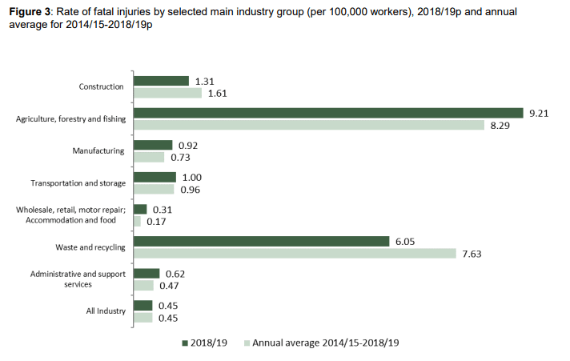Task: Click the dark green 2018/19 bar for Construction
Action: pos(161,81)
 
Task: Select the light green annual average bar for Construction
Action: pos(167,93)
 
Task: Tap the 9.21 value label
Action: pos(538,114)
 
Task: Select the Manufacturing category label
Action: pos(99,151)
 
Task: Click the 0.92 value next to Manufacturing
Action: pos(188,146)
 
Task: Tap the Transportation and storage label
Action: pos(78,183)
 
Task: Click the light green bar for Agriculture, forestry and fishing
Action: pos(309,125)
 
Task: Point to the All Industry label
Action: pos(104,311)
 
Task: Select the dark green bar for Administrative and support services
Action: pos(147,273)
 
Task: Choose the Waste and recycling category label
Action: pos(90,247)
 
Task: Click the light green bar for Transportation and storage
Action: pos(154,189)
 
